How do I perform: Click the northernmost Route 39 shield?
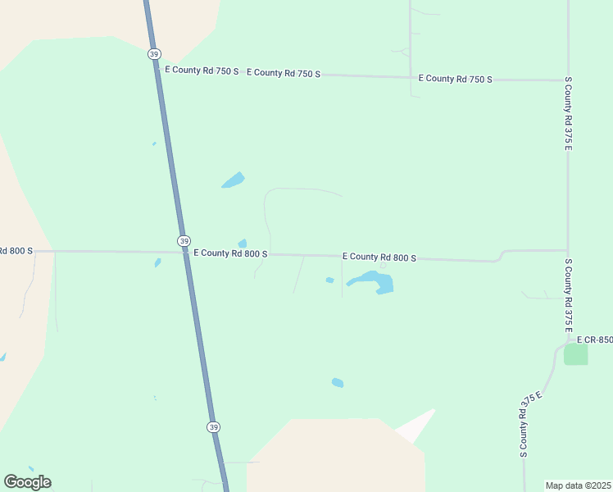[154, 54]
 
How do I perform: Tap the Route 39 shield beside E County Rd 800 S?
[184, 241]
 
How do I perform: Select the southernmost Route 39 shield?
[213, 427]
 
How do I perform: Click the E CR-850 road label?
[594, 339]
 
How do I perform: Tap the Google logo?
[28, 481]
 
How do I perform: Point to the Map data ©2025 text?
[578, 485]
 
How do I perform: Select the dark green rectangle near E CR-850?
[576, 354]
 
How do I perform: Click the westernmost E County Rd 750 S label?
[202, 71]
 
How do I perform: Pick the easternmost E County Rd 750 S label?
[455, 79]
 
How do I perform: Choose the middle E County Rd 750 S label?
[283, 73]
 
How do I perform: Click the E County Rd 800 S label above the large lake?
[379, 257]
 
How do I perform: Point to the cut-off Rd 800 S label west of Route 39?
[16, 250]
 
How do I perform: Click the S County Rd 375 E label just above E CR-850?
[567, 296]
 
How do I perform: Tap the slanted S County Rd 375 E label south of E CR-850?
[530, 424]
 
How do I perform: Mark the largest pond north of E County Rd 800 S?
[234, 180]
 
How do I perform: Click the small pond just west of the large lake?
[329, 280]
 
